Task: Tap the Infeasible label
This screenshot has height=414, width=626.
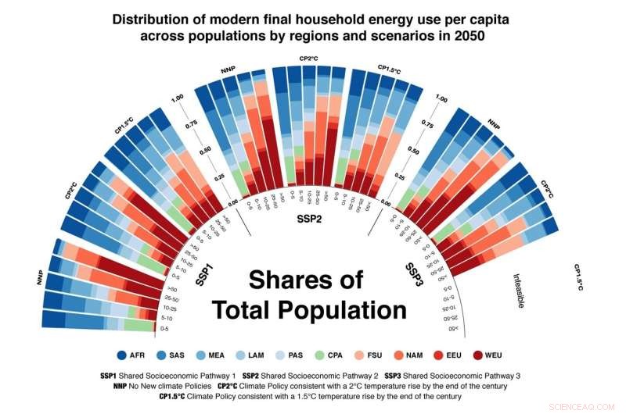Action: pyautogui.click(x=517, y=290)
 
